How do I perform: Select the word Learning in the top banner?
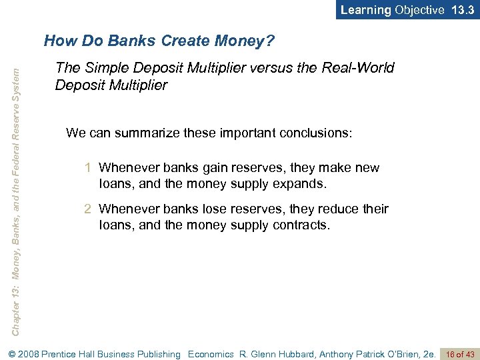click(366, 10)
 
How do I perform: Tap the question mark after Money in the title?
click(269, 41)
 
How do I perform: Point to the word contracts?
click(301, 225)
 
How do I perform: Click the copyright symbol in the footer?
click(8, 354)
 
